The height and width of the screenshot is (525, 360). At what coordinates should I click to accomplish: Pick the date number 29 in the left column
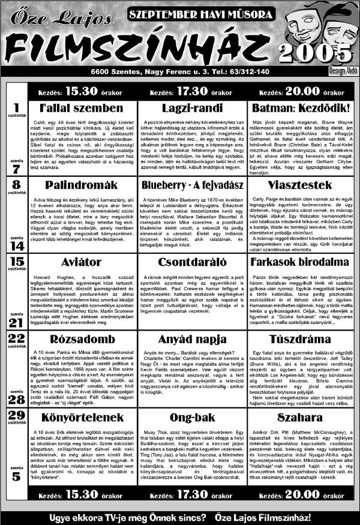(x=17, y=415)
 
